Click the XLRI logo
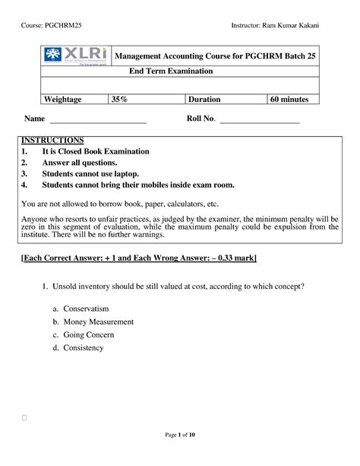click(x=73, y=56)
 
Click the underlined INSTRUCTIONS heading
click(x=52, y=141)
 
